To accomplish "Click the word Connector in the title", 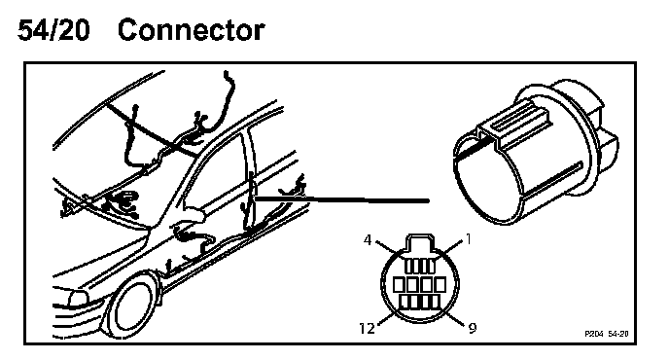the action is pos(191,30).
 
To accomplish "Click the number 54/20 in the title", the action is pos(53,30).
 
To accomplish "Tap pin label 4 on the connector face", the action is pos(368,240).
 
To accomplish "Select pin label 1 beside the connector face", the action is pos(469,239).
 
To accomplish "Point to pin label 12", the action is pos(367,329).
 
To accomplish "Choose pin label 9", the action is pos(473,328).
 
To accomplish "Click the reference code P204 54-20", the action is pos(607,334).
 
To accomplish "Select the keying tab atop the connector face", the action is pos(421,243).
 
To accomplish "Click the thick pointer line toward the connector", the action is pos(341,199).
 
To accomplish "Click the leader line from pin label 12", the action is pos(387,318).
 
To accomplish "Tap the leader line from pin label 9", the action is pos(454,318).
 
